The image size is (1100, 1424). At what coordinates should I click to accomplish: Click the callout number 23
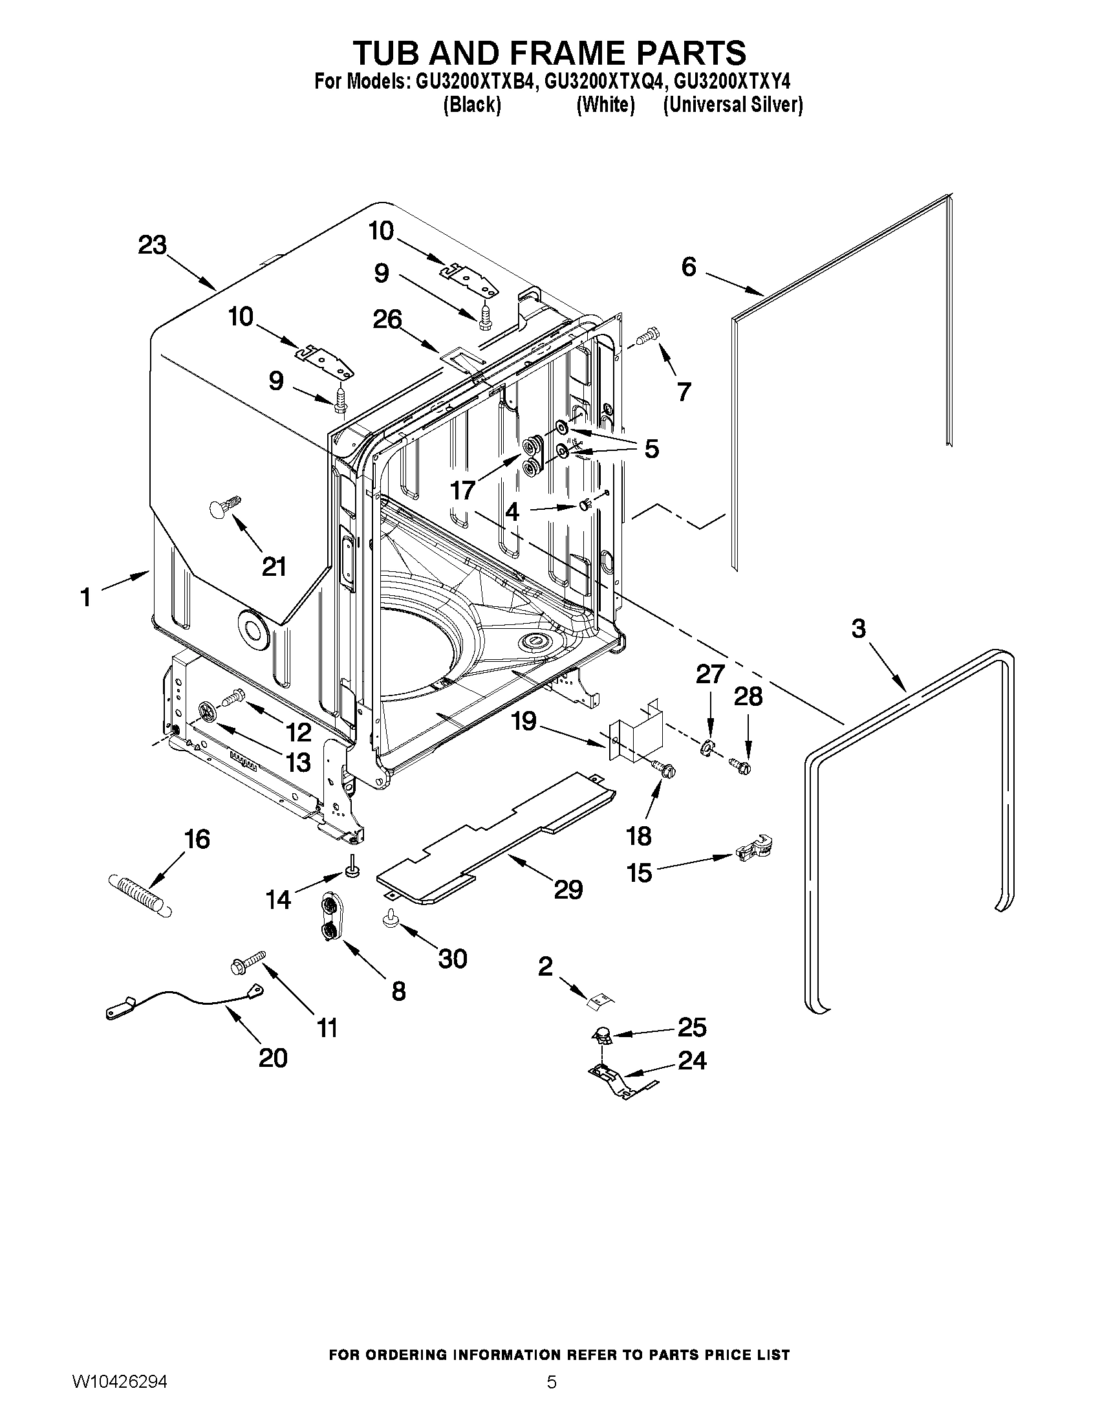[152, 246]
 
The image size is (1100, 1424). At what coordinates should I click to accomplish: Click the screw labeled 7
[648, 336]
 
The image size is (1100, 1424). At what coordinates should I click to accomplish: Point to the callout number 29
[568, 890]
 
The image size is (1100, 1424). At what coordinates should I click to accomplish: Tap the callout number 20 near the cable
[273, 1058]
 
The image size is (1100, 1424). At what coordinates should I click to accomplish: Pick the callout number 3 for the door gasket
[858, 629]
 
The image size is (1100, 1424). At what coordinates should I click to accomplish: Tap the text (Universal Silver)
[733, 105]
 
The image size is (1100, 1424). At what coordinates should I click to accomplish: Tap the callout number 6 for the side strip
[689, 267]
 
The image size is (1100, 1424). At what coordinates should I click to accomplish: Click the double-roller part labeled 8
[331, 918]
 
